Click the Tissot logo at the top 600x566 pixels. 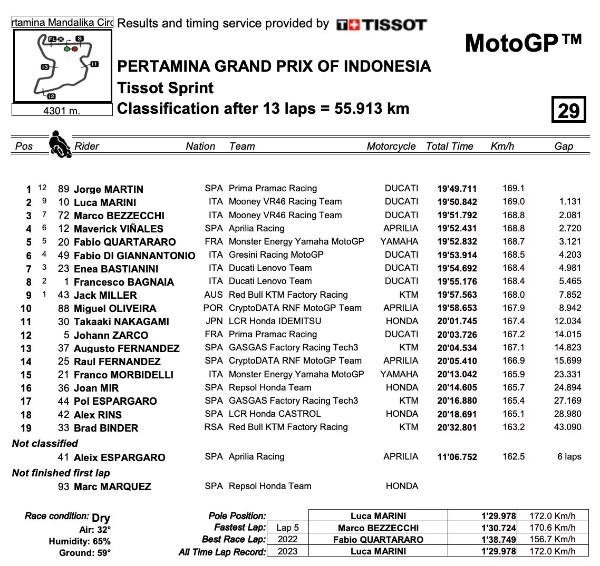381,24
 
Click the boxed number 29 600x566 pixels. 568,110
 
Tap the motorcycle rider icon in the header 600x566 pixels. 60,144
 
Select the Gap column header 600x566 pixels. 564,147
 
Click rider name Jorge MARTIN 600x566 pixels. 109,189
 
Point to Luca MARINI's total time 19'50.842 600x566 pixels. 457,202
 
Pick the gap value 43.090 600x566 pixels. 567,427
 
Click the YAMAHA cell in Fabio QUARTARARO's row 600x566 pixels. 399,241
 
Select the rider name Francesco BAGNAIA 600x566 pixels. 124,282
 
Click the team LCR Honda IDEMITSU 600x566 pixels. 275,321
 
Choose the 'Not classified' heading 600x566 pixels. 45,443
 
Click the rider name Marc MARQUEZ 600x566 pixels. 112,486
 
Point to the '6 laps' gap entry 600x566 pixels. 569,456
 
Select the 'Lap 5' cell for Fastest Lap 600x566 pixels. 287,528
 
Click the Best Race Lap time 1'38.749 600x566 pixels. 498,539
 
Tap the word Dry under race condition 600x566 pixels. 101,518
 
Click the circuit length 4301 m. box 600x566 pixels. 62,111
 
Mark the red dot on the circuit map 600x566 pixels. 75,49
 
